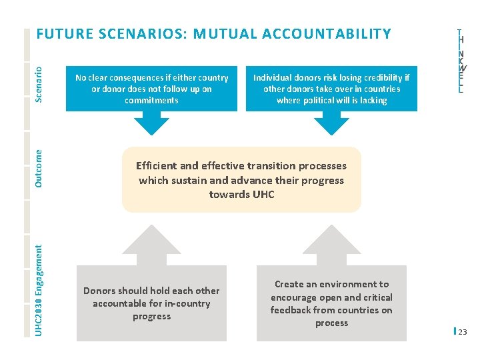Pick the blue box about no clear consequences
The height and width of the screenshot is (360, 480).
click(151, 89)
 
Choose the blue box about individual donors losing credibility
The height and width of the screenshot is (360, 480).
click(331, 89)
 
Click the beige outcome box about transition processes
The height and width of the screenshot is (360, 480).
click(241, 180)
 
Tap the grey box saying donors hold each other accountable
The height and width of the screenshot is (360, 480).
click(151, 303)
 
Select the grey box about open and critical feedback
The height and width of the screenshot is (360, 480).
click(331, 303)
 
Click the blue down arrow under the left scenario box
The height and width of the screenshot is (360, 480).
click(151, 123)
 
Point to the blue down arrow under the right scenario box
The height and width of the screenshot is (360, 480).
click(331, 123)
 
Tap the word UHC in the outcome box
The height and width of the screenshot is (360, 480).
click(263, 195)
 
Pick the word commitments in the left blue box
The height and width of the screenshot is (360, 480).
click(151, 101)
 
